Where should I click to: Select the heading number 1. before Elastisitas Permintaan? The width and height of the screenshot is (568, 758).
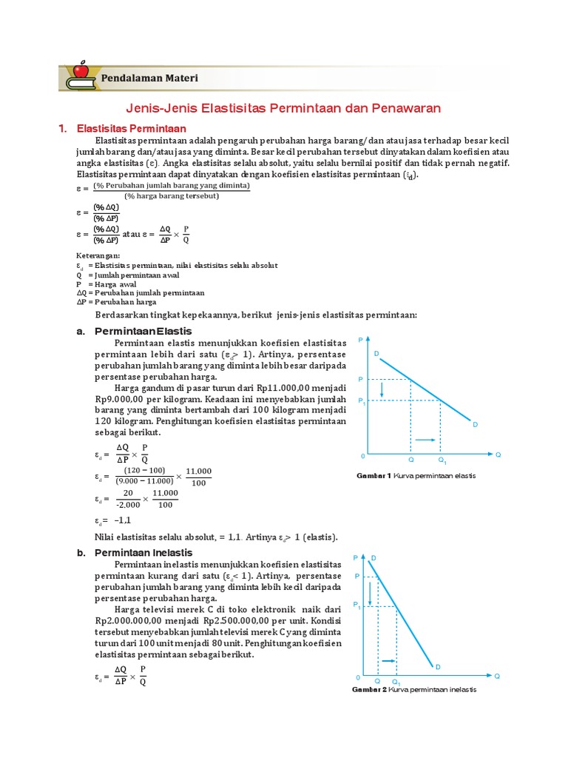click(x=63, y=128)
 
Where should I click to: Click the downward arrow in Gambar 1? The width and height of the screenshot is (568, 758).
click(x=382, y=389)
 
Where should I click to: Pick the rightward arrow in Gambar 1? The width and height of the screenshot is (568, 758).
click(x=425, y=440)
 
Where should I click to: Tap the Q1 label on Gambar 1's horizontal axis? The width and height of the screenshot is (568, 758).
click(x=442, y=460)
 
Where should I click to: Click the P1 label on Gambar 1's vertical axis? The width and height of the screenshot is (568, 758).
click(x=362, y=401)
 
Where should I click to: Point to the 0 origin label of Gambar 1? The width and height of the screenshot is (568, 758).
click(x=362, y=455)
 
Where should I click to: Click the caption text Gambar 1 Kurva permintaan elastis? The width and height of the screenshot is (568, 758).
click(x=416, y=475)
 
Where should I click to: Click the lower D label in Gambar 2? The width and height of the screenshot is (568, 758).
click(x=437, y=667)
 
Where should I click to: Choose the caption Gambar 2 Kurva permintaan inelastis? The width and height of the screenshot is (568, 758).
click(x=413, y=689)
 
